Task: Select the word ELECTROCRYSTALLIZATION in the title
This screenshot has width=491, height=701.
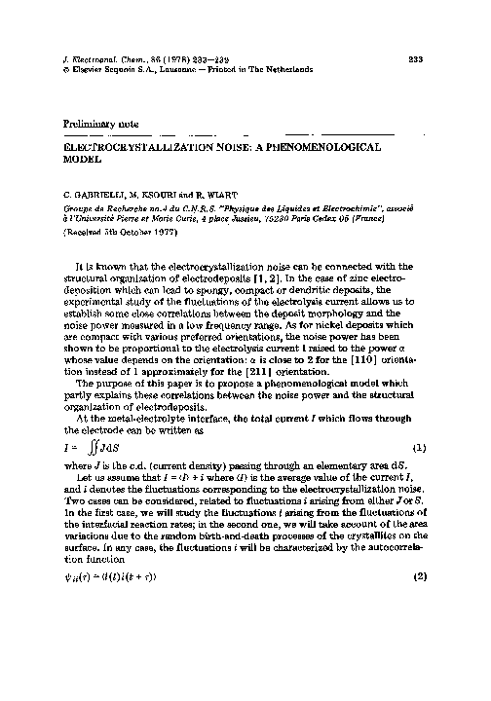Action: pyautogui.click(x=120, y=142)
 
